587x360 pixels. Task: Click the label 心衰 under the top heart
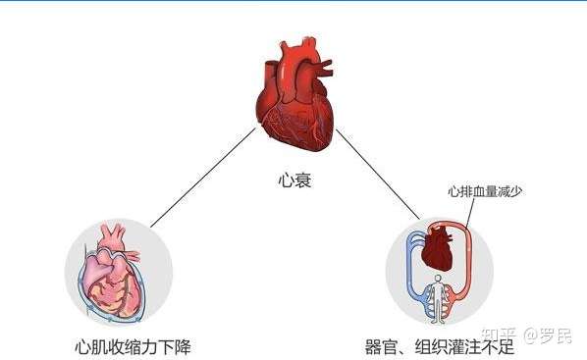coord(293,181)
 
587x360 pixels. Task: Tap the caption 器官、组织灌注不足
coord(439,346)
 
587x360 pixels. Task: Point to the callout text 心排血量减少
coord(484,192)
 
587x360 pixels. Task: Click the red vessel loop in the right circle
coord(477,265)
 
